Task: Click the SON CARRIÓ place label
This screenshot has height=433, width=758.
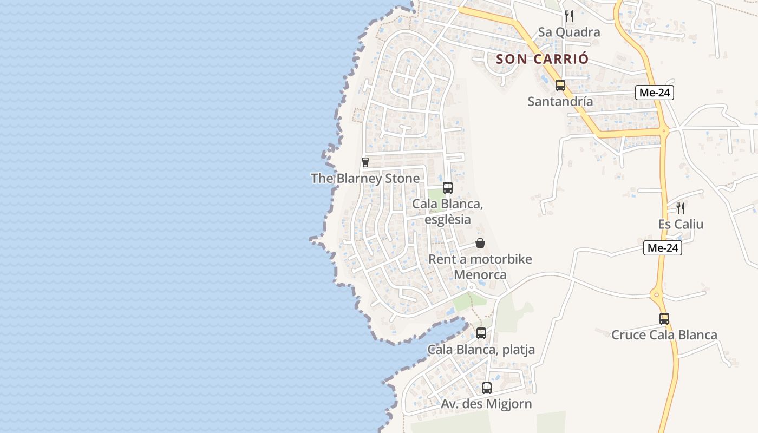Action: pos(542,58)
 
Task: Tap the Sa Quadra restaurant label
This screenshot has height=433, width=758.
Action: pos(568,32)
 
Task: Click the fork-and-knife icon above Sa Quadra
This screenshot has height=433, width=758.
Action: pos(568,16)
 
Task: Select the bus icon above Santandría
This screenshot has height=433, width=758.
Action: pos(560,85)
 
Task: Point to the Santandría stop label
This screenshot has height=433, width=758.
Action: pos(560,101)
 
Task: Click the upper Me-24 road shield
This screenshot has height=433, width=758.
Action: pos(655,93)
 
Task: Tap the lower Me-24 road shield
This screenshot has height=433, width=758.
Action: pos(663,248)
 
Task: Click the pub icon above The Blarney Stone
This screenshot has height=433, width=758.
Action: pos(365,162)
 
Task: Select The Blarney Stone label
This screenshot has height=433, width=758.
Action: pos(365,178)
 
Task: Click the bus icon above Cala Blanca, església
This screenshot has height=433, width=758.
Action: pos(448,188)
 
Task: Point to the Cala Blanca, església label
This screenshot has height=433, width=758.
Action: pos(447,212)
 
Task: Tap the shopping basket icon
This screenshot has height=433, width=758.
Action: pos(480,243)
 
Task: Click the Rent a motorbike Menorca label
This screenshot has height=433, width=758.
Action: pos(480,267)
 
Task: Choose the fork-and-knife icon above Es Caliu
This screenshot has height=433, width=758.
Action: pos(681,208)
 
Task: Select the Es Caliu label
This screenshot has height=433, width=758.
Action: pos(681,224)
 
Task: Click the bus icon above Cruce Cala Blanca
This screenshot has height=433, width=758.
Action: pos(664,319)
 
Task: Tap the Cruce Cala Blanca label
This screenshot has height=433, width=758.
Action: pos(664,335)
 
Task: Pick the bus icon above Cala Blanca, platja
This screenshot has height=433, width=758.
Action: pos(481,333)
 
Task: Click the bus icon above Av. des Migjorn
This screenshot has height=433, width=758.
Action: pos(487,388)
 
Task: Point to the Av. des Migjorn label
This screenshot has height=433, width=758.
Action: pos(486,404)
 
